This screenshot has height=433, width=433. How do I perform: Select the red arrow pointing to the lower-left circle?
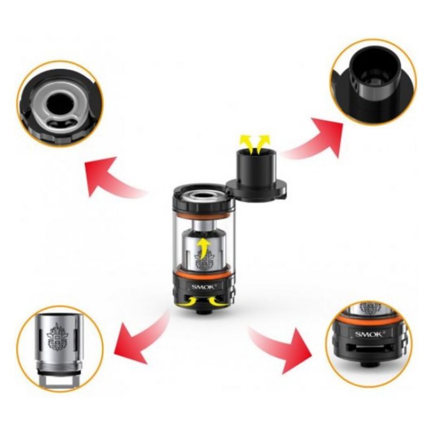click(143, 337)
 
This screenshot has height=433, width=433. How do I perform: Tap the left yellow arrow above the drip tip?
click(246, 144)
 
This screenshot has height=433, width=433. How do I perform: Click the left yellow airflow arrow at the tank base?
click(188, 301)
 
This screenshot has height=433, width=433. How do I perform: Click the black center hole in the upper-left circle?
click(59, 103)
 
